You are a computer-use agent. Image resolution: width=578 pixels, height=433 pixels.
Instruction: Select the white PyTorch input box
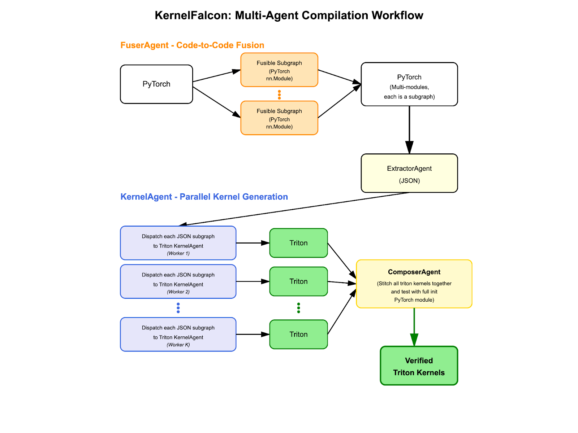click(156, 84)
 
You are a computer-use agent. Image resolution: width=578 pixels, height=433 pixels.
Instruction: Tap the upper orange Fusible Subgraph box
click(279, 70)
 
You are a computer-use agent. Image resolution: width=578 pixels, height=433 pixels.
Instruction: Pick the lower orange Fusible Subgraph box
click(279, 118)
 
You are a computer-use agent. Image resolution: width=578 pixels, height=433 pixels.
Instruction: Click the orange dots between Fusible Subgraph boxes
click(279, 95)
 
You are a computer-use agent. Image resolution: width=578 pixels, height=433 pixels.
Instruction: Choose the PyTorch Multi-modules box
click(409, 84)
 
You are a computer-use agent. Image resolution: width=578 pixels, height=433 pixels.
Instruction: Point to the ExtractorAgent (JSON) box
click(409, 173)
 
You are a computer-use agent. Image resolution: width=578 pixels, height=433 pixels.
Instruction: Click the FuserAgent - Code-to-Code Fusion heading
click(192, 45)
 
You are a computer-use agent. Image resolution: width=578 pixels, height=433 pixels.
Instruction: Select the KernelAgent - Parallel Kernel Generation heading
click(204, 197)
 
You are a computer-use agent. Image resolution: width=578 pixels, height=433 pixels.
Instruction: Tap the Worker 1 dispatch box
click(178, 243)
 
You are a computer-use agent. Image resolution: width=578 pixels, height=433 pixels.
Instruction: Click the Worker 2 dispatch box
click(178, 281)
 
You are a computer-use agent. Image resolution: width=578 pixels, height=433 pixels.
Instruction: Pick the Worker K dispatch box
click(178, 334)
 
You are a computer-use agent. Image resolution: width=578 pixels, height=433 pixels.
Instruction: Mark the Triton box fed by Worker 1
click(298, 243)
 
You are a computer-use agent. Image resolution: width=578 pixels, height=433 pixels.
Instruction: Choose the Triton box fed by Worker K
click(298, 334)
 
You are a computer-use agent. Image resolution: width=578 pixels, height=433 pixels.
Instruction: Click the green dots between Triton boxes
click(298, 308)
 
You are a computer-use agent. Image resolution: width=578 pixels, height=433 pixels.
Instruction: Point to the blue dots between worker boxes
click(178, 308)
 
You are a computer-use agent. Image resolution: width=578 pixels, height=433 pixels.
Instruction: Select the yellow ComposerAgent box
click(414, 284)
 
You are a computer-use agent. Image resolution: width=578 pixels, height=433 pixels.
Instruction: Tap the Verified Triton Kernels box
click(419, 366)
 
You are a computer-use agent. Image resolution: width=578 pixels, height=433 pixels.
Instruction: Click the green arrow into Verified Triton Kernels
click(414, 327)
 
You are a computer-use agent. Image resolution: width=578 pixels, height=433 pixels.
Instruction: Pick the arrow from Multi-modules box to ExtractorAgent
click(409, 130)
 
